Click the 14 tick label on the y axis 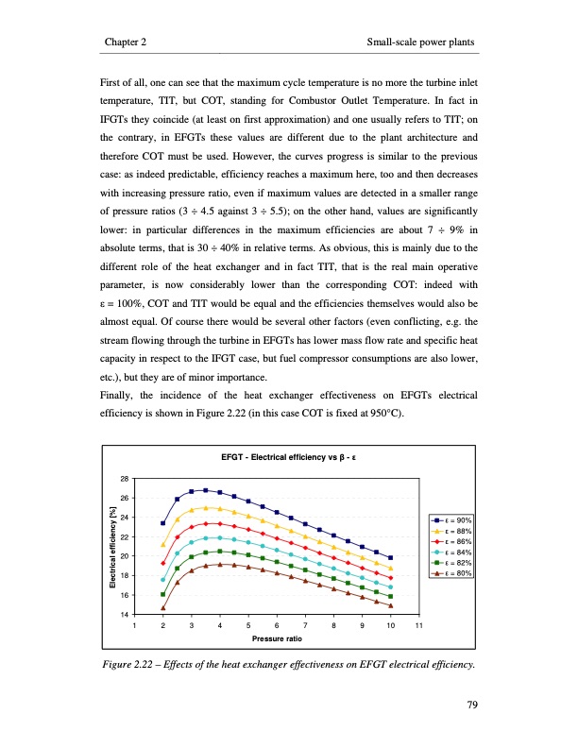click(124, 615)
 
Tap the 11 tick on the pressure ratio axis click(419, 626)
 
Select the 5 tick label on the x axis click(248, 626)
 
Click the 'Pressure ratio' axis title click(277, 639)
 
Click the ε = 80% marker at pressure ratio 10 click(391, 606)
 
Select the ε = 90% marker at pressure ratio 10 click(391, 558)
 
